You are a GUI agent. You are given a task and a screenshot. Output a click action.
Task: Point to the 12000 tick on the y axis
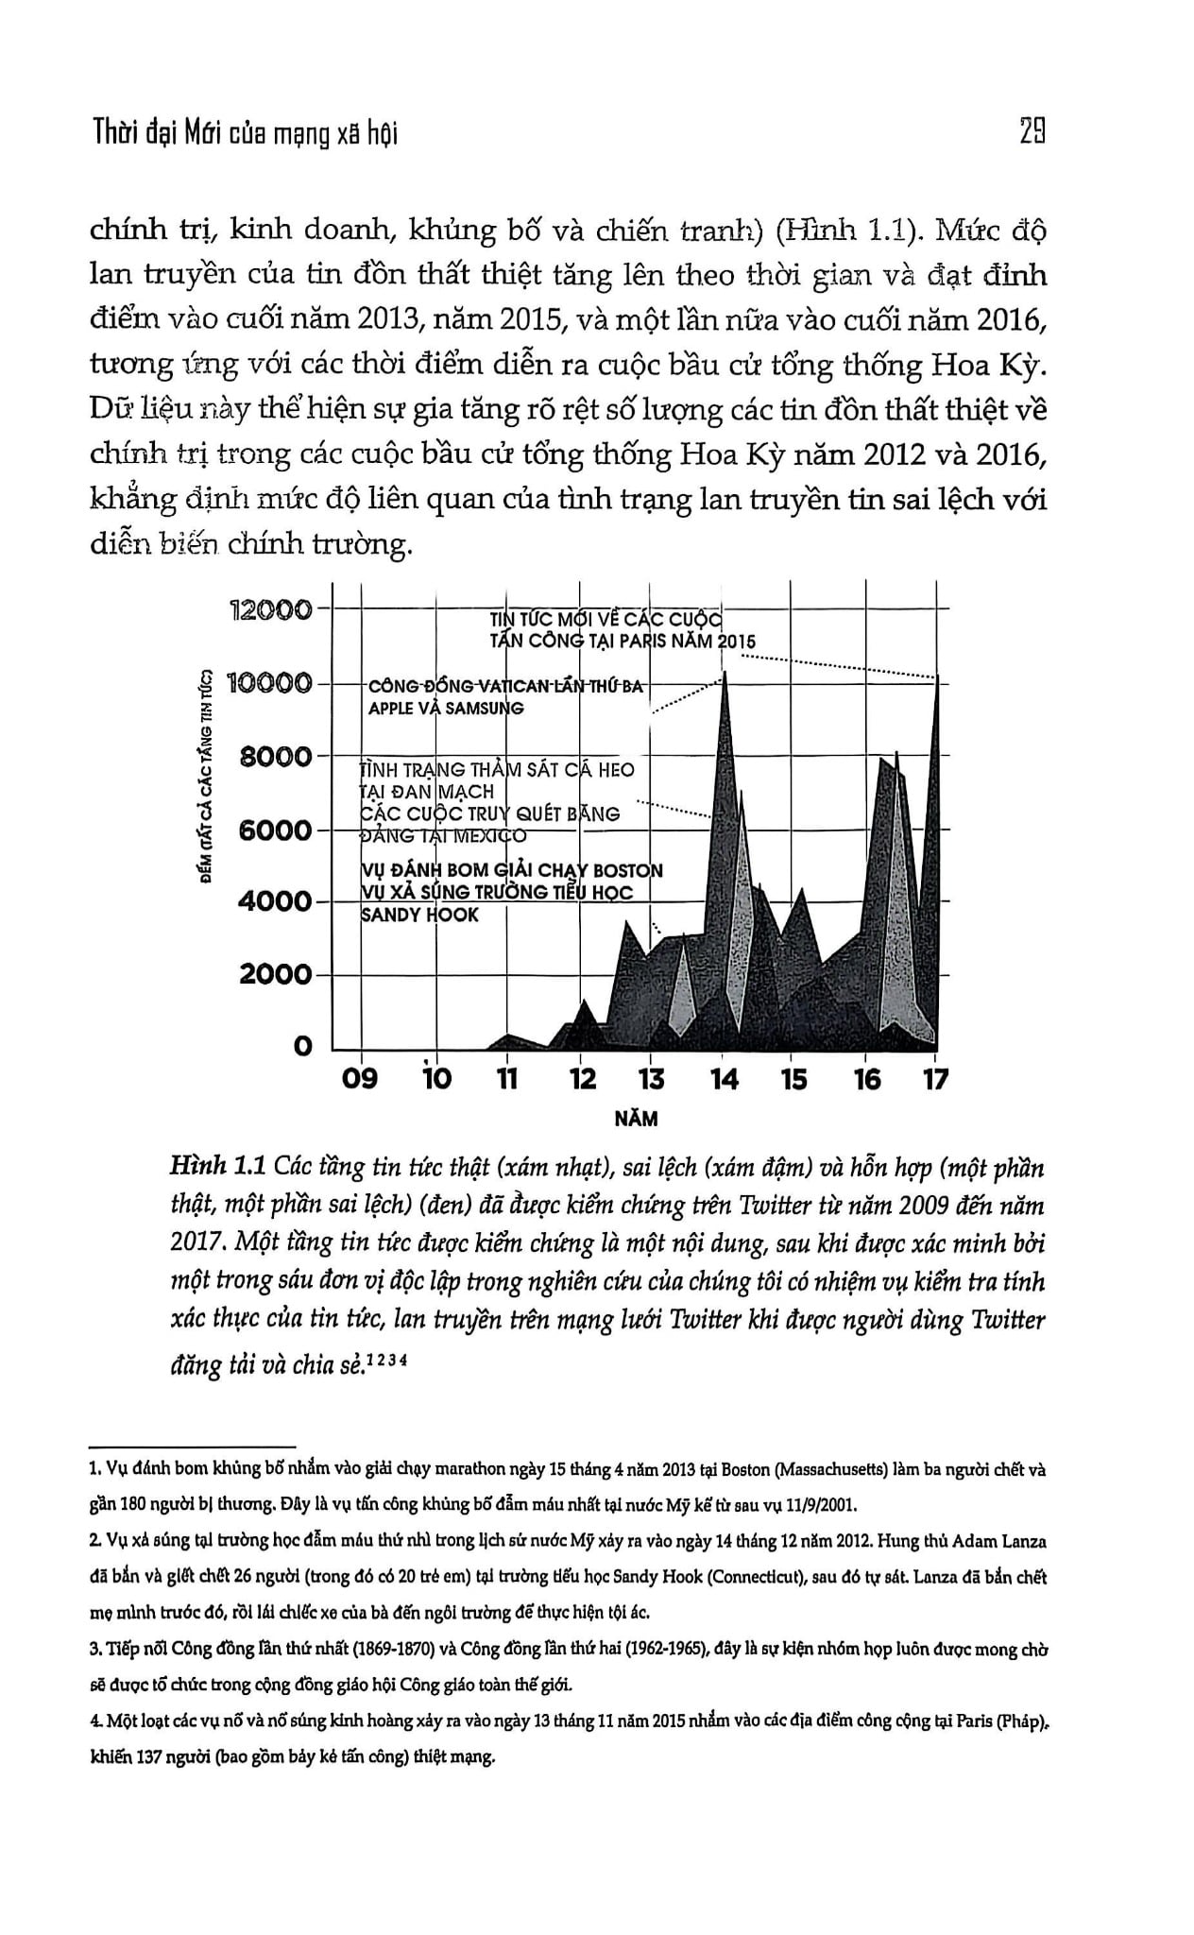272,610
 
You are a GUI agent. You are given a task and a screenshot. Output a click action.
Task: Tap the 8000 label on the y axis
276,757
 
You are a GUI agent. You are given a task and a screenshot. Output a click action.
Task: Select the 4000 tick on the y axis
274,901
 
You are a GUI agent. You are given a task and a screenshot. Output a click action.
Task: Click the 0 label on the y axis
302,1047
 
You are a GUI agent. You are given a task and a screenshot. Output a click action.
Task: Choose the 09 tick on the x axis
360,1078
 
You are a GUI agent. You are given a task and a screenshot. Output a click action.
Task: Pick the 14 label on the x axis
724,1078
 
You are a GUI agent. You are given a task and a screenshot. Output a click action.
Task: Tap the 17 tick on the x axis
935,1078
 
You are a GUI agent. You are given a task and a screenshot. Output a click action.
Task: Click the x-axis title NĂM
636,1120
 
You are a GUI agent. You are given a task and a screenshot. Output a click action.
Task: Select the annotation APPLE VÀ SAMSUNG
445,709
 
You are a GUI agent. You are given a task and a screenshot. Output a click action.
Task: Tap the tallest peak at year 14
725,673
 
